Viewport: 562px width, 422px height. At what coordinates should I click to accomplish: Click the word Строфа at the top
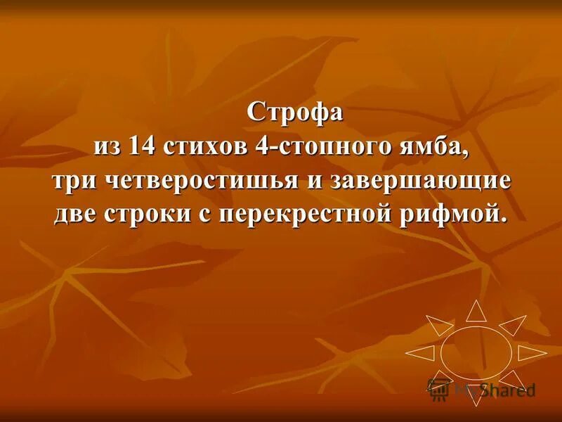click(295, 113)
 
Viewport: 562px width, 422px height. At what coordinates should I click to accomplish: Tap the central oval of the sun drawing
click(476, 350)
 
